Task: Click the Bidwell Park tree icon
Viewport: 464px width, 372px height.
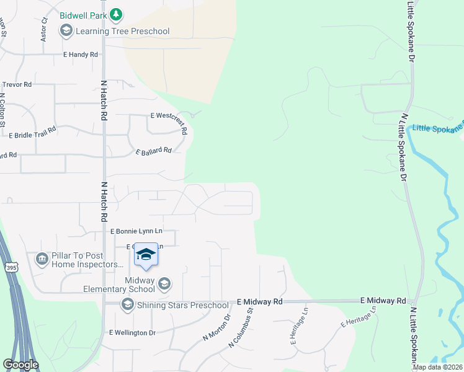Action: coord(115,14)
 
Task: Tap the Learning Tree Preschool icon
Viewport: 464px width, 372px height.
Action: coord(66,30)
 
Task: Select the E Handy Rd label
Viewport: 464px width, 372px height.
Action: coord(81,55)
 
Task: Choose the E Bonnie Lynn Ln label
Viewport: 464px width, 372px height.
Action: coord(136,231)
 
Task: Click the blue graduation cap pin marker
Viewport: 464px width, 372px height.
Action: coord(146,255)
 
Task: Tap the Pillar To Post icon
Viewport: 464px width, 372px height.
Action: coord(42,259)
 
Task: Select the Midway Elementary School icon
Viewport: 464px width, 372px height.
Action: coord(164,284)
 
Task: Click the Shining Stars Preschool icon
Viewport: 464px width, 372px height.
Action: coord(127,304)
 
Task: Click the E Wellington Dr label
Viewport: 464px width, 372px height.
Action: coord(132,333)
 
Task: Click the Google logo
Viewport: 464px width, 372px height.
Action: coord(20,365)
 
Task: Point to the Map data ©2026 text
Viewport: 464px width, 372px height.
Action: coord(438,367)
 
